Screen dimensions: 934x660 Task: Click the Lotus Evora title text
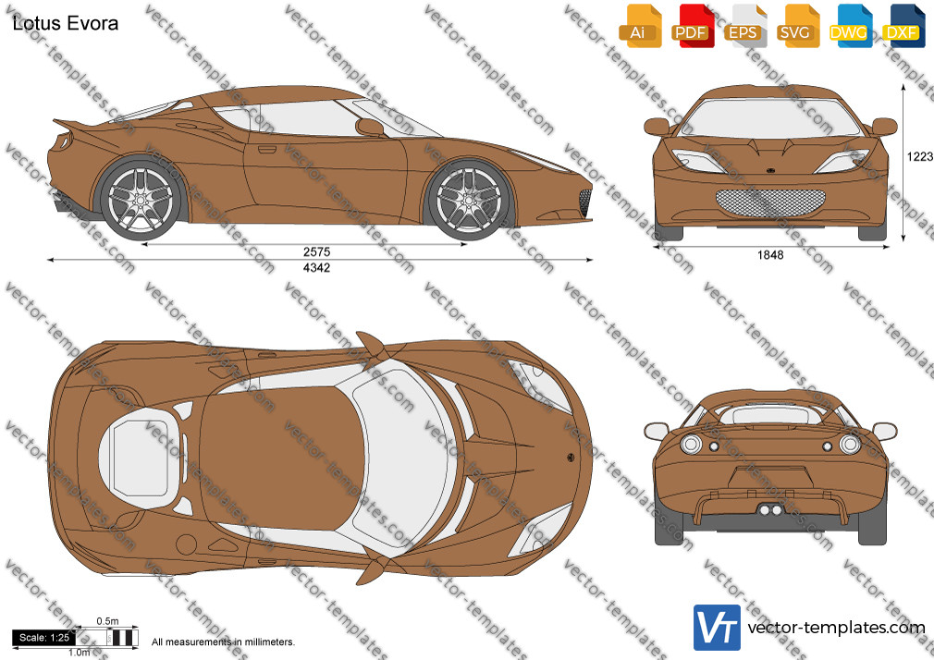[66, 23]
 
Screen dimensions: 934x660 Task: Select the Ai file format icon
[640, 26]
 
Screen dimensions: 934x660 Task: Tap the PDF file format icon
[693, 26]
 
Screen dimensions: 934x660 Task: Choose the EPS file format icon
[745, 26]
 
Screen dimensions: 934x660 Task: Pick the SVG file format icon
[797, 26]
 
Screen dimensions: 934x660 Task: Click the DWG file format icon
[851, 26]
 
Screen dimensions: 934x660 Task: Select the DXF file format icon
[903, 26]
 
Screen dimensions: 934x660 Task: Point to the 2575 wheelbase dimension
[316, 251]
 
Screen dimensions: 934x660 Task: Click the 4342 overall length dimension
[316, 267]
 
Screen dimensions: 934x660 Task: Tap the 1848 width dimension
[770, 255]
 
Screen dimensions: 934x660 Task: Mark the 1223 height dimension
[920, 156]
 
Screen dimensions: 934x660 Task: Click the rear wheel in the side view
[141, 199]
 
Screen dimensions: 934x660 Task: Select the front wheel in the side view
[470, 199]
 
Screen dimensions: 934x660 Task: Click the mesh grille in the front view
[770, 203]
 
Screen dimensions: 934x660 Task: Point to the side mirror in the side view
[369, 127]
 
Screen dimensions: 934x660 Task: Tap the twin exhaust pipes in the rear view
[770, 510]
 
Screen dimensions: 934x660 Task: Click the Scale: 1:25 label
[44, 638]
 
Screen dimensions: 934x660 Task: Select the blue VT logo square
[718, 628]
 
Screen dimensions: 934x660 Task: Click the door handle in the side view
[266, 150]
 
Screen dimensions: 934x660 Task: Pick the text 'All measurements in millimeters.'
[223, 642]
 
